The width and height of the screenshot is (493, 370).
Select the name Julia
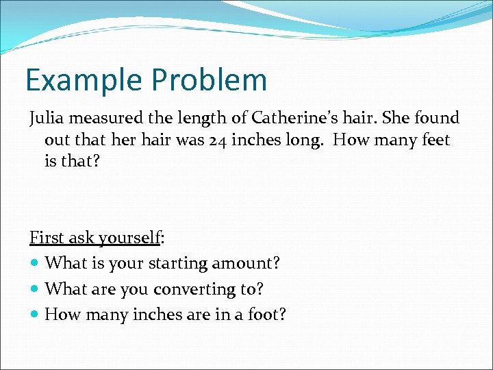tap(47, 118)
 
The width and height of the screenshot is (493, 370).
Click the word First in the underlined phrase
tap(45, 238)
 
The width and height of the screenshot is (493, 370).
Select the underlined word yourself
tap(129, 238)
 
